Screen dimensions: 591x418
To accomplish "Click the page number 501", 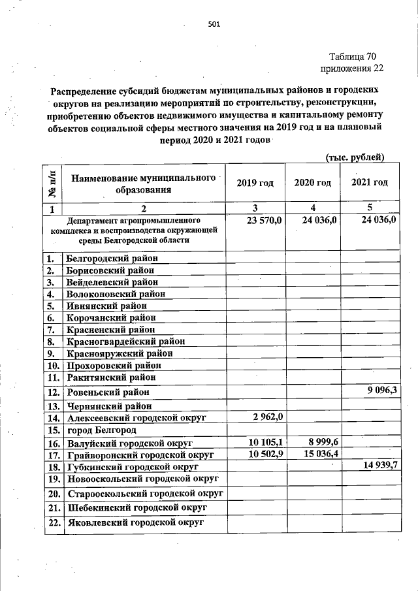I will point(214,25).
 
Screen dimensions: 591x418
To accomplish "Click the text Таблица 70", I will point(353,56).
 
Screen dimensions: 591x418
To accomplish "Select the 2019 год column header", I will point(255,182).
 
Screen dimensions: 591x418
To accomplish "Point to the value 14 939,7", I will point(376,466).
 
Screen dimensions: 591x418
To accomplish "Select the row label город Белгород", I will point(101,430).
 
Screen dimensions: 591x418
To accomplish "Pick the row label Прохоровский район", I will point(112,365).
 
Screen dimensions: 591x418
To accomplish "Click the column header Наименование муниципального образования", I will point(143,184).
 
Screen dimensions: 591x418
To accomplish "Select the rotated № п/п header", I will point(52,184).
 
